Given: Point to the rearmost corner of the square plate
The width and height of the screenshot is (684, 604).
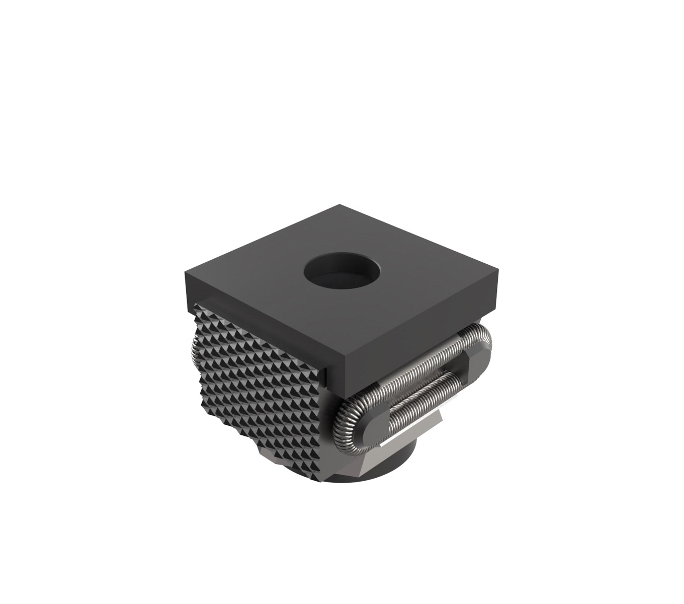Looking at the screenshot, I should click(339, 205).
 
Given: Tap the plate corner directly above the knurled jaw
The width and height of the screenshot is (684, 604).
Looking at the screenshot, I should click(186, 274).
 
